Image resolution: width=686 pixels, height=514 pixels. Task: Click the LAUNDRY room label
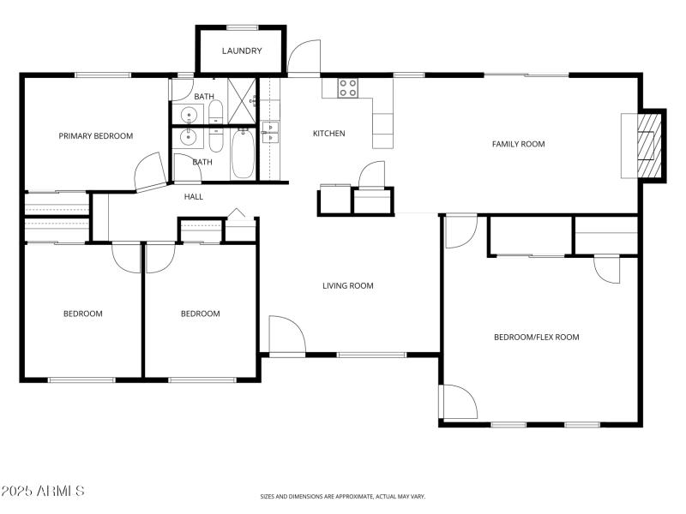pos(241,51)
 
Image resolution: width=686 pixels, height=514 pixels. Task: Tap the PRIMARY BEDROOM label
pos(95,136)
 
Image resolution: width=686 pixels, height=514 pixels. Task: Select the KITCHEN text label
pos(328,134)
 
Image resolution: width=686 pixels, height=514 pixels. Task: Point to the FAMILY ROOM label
pos(518,144)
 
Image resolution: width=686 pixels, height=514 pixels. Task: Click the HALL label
pos(194,197)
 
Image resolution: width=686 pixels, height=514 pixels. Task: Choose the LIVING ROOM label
pos(347,286)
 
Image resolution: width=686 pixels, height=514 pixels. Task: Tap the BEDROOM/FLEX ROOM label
pos(536,338)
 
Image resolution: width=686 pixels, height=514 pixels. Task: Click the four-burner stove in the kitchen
pos(348,87)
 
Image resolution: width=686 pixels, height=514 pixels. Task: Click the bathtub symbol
pos(243,154)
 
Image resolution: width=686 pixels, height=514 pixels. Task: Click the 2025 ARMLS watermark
pos(43,491)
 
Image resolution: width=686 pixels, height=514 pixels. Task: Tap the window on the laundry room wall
pos(243,27)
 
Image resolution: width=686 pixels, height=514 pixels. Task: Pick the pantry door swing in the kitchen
pos(373,175)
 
